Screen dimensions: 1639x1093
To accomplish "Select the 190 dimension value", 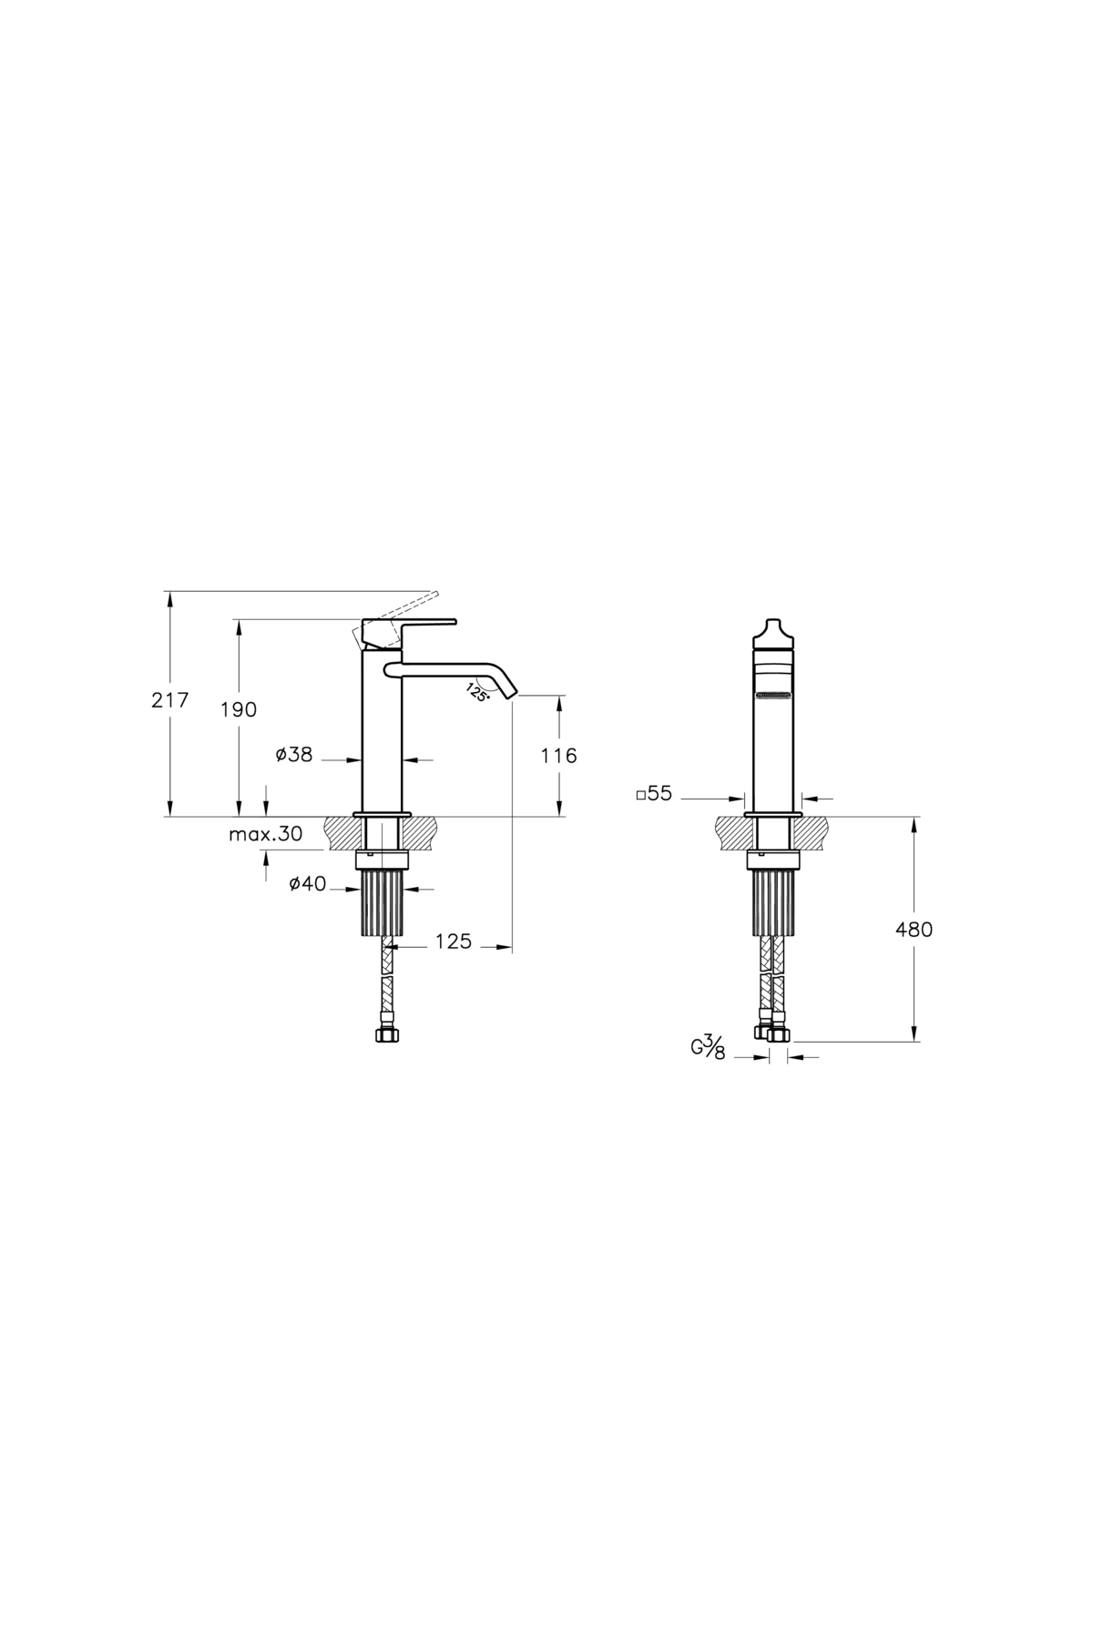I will coord(239,709).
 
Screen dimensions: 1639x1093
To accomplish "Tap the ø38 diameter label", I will coord(293,754).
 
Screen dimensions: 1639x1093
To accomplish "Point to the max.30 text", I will coord(265,835).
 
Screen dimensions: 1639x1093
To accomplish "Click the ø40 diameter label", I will coord(307,884).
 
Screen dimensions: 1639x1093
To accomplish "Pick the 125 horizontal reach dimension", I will coord(453,942).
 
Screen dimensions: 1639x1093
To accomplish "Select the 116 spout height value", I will coord(558,755).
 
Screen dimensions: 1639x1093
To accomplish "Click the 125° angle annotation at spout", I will coord(477,692).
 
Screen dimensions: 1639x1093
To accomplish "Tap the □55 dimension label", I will coord(654,794).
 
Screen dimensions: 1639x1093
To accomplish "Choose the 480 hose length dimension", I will coord(914,929).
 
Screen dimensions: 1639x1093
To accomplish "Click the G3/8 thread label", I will coord(707,1049).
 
